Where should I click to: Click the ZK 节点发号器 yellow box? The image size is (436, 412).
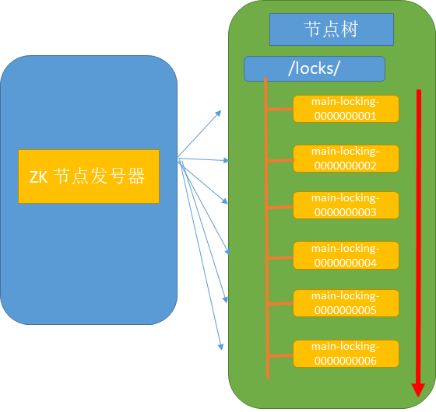[x=89, y=176]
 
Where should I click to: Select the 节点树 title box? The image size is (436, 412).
[x=332, y=30]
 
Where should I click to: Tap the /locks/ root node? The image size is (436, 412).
[x=315, y=69]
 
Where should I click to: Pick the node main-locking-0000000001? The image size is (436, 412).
[x=346, y=109]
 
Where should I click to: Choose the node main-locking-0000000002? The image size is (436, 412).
[x=346, y=159]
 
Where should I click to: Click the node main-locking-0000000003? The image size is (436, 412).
[x=346, y=205]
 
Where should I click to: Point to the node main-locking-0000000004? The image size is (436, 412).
[x=346, y=256]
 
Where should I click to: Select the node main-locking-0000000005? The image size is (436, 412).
[x=346, y=303]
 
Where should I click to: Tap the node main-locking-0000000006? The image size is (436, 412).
[x=346, y=354]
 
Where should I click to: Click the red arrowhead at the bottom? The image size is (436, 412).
[x=418, y=390]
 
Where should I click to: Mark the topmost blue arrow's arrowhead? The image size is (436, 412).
[x=219, y=113]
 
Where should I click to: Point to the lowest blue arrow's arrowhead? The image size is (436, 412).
[x=221, y=347]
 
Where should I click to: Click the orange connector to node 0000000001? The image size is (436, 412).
[x=280, y=110]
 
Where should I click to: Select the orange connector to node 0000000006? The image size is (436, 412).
[x=281, y=356]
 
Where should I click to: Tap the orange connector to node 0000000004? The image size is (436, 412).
[x=280, y=258]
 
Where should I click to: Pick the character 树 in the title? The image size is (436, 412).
[x=350, y=29]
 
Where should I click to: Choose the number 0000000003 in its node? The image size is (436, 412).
[x=346, y=212]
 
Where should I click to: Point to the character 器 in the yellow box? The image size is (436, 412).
[x=136, y=176]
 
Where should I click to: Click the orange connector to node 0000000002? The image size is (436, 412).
[x=280, y=160]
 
